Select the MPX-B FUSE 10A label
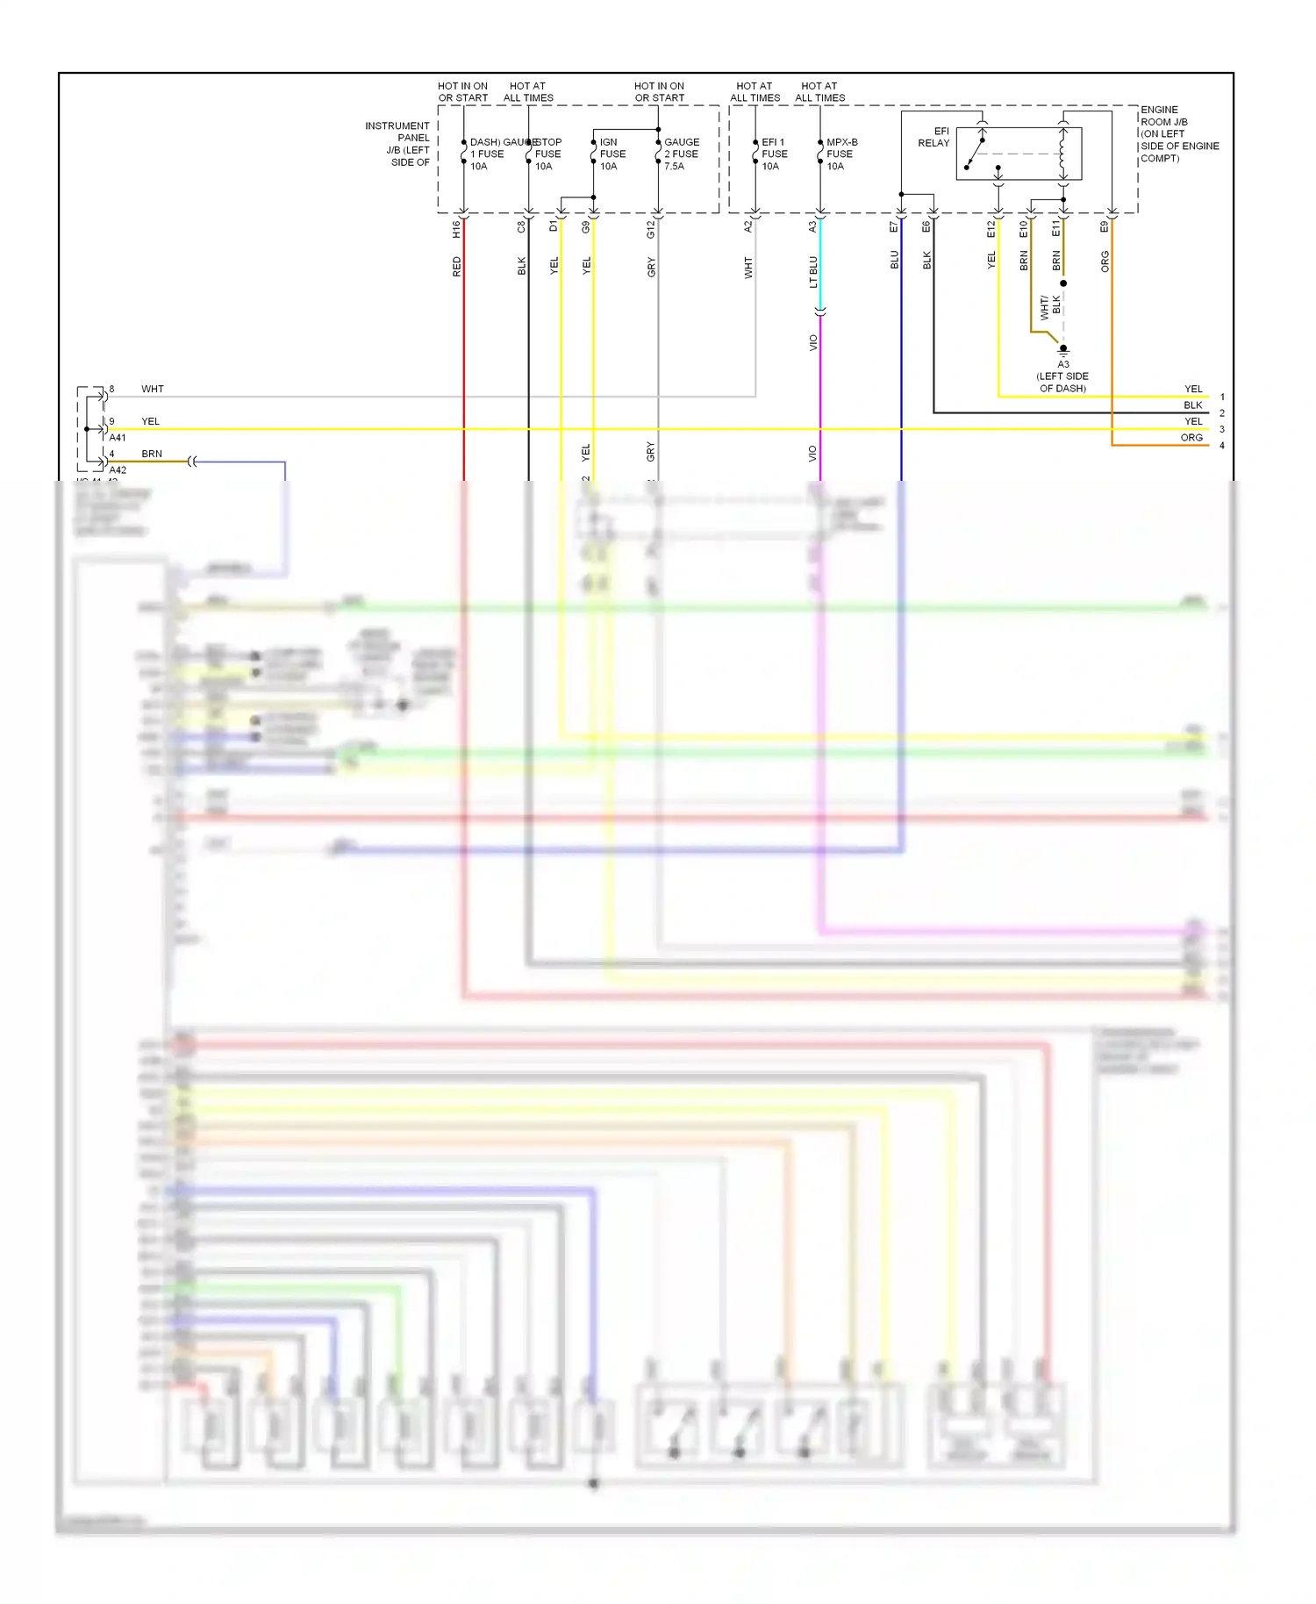pos(841,154)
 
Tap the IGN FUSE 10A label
pos(612,154)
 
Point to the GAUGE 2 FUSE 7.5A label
pos(681,154)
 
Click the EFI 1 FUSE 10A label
pos(774,154)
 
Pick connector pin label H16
pos(456,229)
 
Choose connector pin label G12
pos(651,229)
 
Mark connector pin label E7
pos(894,227)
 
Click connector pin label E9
pos(1105,227)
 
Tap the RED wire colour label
pos(456,267)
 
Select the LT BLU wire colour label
pos(813,271)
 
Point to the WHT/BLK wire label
pos(1050,306)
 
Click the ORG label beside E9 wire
pos(1105,261)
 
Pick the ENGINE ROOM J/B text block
pos(1178,134)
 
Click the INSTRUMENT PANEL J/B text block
pos(399,144)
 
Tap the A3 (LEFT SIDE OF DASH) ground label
pos(1062,376)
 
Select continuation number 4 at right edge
pos(1222,446)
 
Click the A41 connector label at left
pos(118,437)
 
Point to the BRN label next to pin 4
pos(152,454)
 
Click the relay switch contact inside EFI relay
pos(975,153)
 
